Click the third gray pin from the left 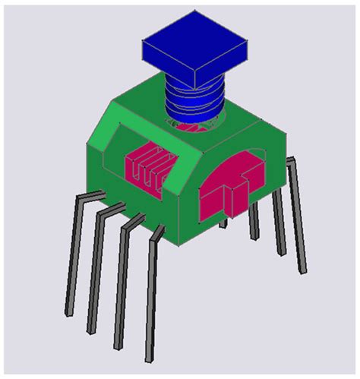(122, 281)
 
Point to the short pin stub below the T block (223, 223)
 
